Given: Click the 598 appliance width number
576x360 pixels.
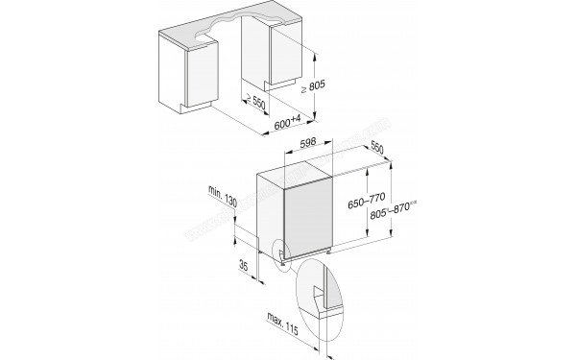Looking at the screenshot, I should tap(309, 142).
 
